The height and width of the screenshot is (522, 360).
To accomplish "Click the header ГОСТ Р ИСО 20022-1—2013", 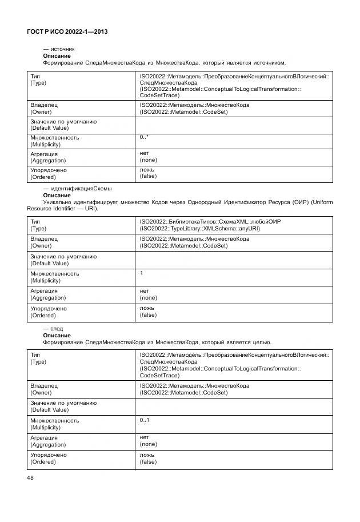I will (67, 32).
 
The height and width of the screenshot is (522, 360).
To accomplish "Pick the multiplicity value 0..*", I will (144, 138).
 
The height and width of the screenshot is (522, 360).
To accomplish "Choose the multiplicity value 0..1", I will (144, 420).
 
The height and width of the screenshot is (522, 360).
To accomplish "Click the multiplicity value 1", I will (142, 273).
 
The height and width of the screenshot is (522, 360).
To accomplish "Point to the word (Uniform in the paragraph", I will (320, 202).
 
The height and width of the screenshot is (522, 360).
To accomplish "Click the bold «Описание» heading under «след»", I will (57, 336).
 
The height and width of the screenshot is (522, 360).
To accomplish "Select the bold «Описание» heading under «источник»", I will (57, 56).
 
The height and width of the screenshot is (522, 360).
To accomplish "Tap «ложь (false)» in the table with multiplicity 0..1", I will (148, 459).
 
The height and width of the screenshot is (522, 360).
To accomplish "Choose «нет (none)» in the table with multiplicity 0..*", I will (148, 157).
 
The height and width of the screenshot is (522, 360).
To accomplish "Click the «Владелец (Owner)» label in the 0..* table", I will (44, 109).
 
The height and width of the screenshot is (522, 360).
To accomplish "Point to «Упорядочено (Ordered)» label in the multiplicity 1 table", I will (49, 312).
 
